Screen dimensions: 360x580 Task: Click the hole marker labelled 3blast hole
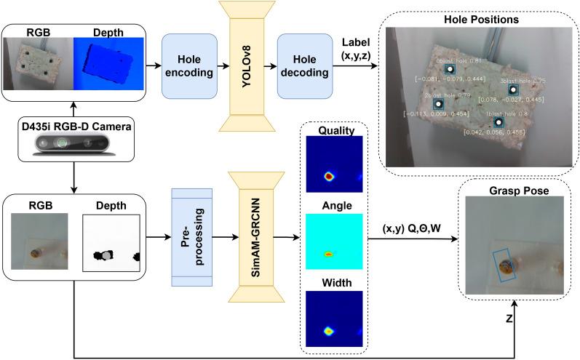pos(514,90)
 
